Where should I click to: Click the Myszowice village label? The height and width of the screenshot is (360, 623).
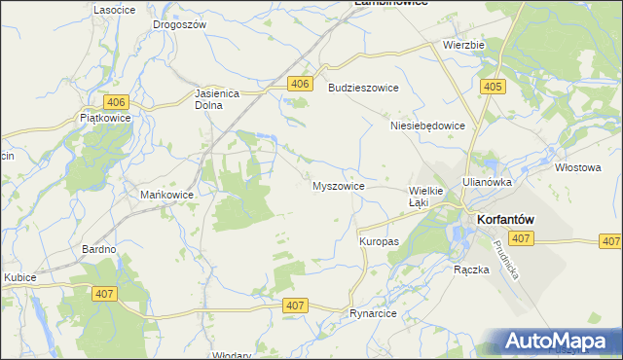point(338,185)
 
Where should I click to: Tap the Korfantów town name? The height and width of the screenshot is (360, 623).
point(503,220)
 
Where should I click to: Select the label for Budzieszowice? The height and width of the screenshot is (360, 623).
point(363,88)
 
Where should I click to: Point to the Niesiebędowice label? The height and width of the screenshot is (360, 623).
point(426,126)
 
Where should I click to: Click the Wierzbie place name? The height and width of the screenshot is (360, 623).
point(463,44)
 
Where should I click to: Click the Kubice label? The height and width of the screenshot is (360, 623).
point(19,277)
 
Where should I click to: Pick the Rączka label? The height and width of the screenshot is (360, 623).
point(470,270)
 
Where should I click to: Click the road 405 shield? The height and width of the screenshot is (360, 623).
point(493,88)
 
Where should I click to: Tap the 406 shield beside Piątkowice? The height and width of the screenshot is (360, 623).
point(116,102)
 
